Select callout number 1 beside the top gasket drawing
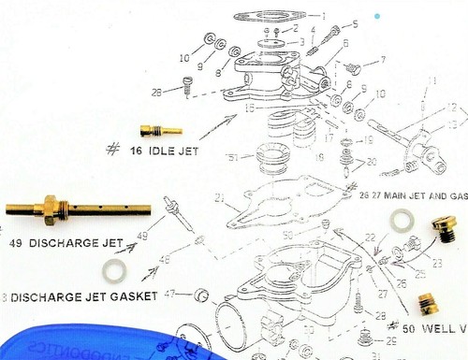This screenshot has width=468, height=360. [x=324, y=16]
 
